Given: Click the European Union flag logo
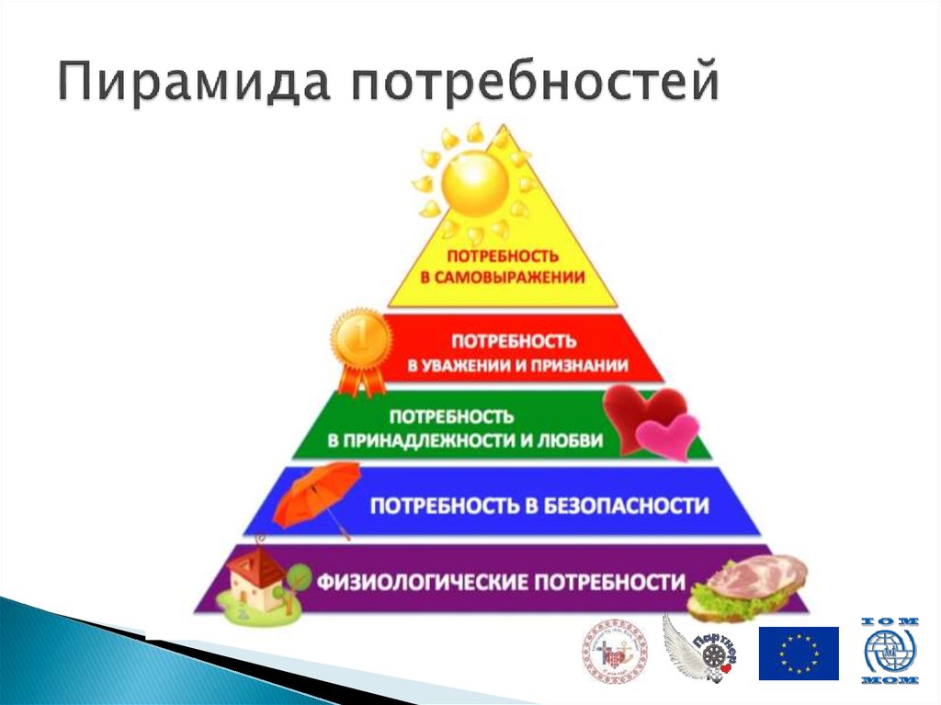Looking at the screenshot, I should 798,653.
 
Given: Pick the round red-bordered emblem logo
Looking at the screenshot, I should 615,654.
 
